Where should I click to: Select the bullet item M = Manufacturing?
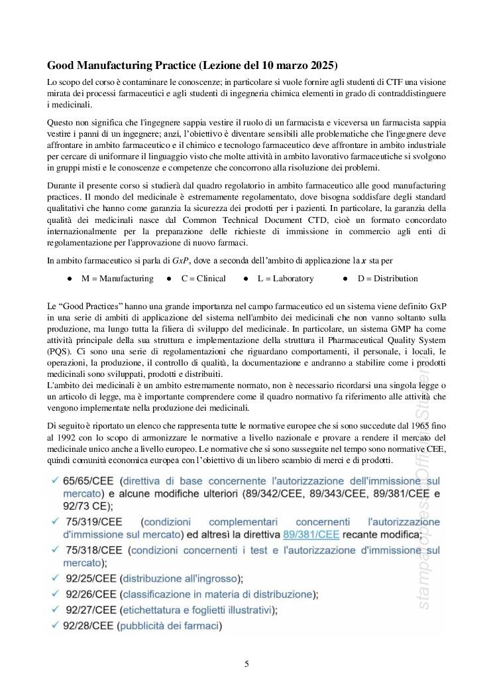(x=117, y=278)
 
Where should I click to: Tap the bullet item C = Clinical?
(x=203, y=278)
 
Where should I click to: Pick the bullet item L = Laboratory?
(x=286, y=278)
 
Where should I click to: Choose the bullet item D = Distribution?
(x=388, y=278)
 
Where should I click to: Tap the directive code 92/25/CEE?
(x=91, y=577)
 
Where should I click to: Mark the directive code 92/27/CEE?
(x=91, y=608)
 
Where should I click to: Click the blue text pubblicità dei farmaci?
(x=168, y=624)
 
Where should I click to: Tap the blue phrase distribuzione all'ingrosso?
(x=180, y=577)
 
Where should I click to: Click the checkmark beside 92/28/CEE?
(x=54, y=624)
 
